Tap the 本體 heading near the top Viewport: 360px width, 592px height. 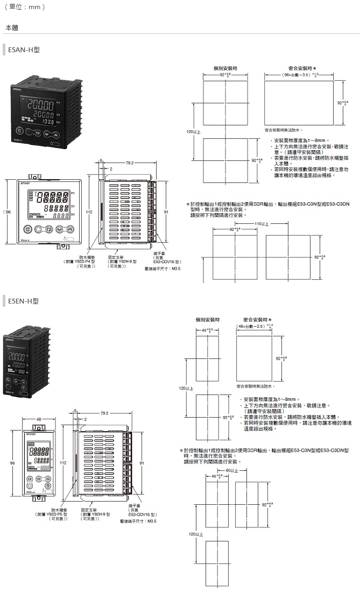11,26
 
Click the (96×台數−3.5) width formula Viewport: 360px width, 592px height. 299,75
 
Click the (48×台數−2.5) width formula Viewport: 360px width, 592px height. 256,326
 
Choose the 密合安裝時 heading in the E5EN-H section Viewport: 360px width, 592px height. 257,319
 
